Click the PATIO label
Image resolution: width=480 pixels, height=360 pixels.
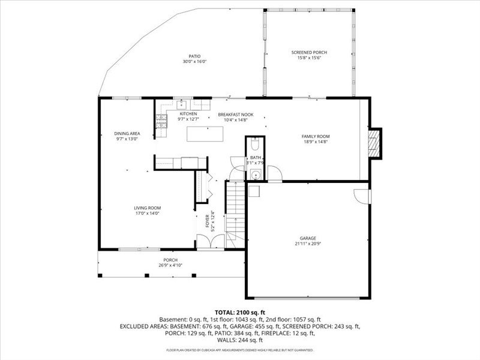pos(194,56)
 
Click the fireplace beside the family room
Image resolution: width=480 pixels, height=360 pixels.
pos(374,143)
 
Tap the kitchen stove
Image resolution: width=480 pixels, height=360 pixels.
pos(160,122)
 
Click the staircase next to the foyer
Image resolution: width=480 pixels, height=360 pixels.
pos(235,210)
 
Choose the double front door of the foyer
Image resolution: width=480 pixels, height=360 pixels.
pos(210,241)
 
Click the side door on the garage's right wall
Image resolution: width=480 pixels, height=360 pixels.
pos(362,196)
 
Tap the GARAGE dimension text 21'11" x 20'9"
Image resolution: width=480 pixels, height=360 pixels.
pos(305,244)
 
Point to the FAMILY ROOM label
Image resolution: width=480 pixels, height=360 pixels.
pos(315,136)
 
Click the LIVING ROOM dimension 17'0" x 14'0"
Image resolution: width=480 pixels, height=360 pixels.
pos(147,214)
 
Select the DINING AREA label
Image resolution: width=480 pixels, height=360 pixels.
pos(127,133)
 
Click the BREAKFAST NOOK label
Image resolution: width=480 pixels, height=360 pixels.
pos(235,114)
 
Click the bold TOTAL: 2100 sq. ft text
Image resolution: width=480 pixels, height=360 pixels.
pos(239,313)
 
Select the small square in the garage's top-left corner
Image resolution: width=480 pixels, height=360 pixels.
pos(253,190)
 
